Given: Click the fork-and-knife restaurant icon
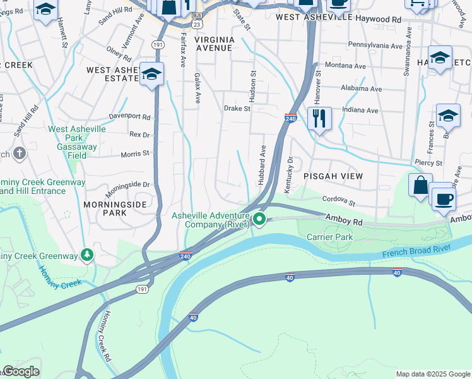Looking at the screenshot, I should coord(319,118).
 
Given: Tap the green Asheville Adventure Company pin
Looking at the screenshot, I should coord(259,219).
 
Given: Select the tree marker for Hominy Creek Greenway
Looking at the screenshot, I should coord(86,255).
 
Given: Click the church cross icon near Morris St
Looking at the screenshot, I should coord(20,153).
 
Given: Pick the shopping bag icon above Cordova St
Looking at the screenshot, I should coord(420,185).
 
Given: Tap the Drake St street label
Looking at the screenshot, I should coord(237,109).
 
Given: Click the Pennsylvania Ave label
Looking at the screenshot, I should coord(375,46).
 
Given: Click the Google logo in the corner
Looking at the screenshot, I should coord(20,371).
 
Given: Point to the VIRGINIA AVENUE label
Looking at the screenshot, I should coord(215,44).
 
